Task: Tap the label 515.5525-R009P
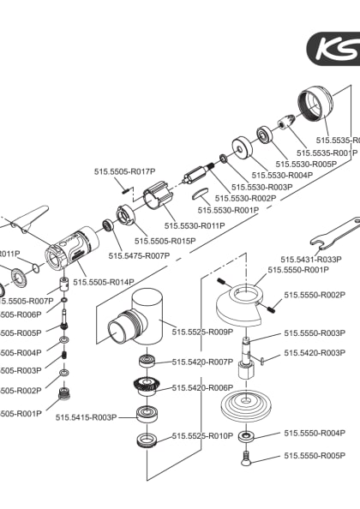point(202,332)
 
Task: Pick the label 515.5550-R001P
point(297,270)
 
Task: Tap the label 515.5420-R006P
point(202,387)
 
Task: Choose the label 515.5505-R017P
point(124,171)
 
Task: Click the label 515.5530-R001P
point(228,210)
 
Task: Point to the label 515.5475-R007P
point(139,255)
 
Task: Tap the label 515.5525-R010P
point(202,436)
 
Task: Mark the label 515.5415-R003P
point(85,417)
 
